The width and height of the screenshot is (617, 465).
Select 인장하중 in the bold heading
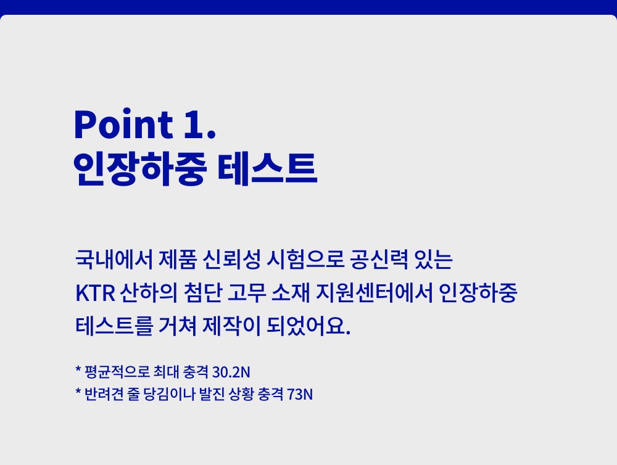point(140,169)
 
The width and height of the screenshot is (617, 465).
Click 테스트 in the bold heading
point(267,169)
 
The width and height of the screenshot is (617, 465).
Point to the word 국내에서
point(114,259)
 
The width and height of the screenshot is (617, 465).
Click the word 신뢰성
point(232,259)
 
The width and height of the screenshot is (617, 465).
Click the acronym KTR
point(95,293)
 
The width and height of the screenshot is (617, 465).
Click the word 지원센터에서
point(375,293)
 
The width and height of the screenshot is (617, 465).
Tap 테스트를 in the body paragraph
point(114,326)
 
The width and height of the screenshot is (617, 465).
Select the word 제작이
point(232,326)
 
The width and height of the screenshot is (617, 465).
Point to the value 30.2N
point(231,372)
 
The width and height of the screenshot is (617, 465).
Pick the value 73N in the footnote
point(300,394)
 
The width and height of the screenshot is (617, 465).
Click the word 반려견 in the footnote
point(104,394)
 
